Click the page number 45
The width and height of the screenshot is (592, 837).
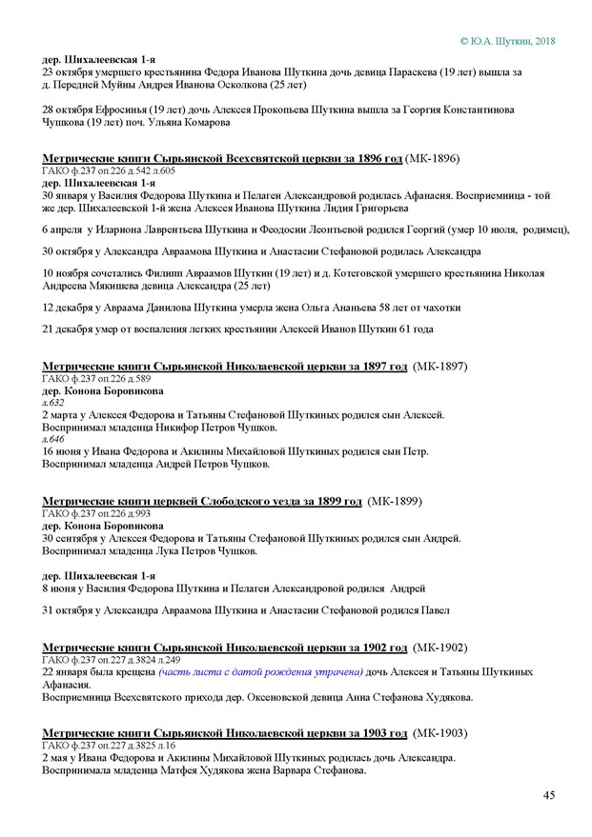[x=549, y=795]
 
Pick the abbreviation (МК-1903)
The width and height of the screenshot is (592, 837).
[x=441, y=732]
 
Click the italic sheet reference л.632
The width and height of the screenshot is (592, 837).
[x=52, y=403]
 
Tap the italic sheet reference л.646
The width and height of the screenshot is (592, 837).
[x=52, y=440]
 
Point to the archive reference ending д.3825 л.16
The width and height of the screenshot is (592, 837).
[x=133, y=746]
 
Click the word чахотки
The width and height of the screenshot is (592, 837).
[x=439, y=308]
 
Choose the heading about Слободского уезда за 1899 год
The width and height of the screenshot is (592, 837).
[x=202, y=501]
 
